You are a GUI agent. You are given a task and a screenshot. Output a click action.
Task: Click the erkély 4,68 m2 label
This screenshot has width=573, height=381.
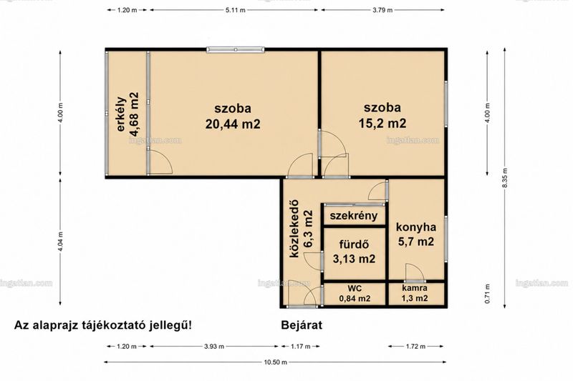coord(128,114)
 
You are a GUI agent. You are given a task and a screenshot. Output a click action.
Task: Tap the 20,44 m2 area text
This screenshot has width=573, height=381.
coord(233,124)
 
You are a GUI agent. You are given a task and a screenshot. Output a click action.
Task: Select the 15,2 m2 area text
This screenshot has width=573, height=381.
coord(382,123)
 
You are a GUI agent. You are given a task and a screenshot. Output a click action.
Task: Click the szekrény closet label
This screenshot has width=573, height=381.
coord(353,215)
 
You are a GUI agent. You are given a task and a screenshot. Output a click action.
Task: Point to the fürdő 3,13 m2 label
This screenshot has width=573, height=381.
coord(354,252)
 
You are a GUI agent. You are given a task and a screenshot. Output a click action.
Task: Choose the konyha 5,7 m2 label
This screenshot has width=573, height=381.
coord(416,234)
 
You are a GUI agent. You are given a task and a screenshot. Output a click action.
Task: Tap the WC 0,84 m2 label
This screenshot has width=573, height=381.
coord(355,294)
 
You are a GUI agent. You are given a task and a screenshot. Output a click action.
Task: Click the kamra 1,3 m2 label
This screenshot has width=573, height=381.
coord(415,293)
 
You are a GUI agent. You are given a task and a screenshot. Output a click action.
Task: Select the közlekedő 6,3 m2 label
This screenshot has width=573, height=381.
coord(302,229)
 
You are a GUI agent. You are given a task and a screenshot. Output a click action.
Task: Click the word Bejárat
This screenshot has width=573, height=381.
coord(302,325)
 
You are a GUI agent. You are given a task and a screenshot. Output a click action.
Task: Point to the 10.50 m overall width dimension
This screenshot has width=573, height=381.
coord(275,362)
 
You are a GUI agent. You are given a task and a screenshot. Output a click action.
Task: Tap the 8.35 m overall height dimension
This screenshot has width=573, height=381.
coord(505,178)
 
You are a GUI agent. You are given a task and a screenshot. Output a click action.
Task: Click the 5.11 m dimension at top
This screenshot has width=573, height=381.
coord(234,10)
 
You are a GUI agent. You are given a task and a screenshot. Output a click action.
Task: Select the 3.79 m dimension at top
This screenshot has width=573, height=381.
coord(382,10)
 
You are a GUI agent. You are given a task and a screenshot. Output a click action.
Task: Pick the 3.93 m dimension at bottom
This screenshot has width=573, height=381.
coord(214,347)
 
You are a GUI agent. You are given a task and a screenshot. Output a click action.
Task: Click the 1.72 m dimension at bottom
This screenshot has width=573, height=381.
coord(416,347)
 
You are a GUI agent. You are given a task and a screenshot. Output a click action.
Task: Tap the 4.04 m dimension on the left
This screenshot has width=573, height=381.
coord(60,242)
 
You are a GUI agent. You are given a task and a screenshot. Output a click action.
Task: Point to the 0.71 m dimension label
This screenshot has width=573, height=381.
coord(487,294)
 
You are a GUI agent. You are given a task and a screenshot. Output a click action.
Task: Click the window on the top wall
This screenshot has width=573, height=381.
coord(236,49)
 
